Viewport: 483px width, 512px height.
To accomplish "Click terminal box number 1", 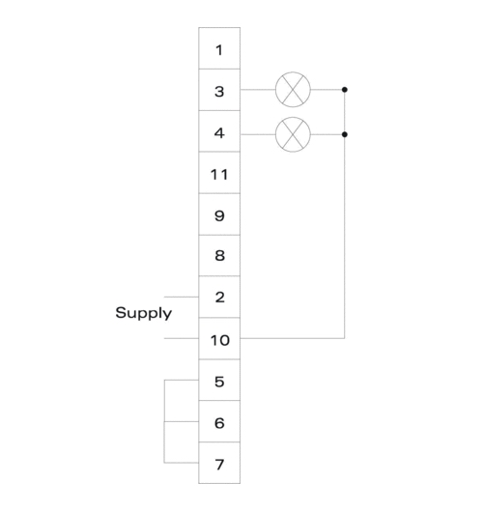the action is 219,48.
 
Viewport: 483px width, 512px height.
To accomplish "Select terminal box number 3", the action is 219,90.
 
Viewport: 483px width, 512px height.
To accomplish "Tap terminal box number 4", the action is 219,131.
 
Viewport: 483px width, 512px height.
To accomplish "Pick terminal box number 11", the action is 219,173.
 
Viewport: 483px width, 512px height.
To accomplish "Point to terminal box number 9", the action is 219,214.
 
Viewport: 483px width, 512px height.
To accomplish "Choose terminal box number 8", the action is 219,255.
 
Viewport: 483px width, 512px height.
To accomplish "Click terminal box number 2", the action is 219,297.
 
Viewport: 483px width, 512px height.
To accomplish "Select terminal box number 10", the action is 219,339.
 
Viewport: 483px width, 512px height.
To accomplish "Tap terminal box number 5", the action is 219,380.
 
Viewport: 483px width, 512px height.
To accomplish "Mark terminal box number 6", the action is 219,421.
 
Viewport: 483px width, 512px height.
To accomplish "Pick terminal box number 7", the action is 219,463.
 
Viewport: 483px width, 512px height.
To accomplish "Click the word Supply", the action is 143,313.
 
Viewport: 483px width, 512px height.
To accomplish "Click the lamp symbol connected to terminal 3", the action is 293,90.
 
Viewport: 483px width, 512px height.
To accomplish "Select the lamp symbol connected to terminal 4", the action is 293,134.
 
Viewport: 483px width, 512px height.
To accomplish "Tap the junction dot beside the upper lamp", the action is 345,90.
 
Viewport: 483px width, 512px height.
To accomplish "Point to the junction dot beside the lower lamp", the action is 345,134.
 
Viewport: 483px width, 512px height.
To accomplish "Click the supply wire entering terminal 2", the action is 182,297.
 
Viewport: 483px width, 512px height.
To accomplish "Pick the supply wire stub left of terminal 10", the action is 182,338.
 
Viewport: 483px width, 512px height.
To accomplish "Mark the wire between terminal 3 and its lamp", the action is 258,90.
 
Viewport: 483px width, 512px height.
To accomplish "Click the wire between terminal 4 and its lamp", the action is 258,134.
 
